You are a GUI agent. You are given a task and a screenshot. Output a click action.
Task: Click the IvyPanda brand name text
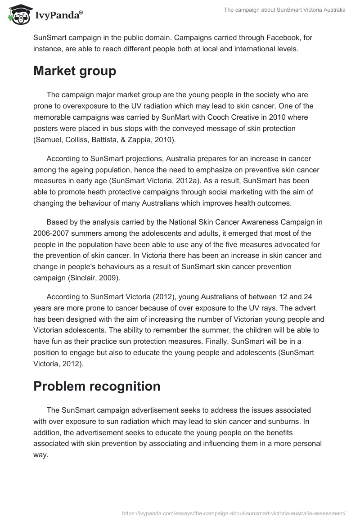[x=58, y=16]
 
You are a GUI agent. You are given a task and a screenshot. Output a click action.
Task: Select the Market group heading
[x=75, y=71]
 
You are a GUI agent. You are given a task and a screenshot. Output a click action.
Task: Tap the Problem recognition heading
[x=97, y=387]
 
